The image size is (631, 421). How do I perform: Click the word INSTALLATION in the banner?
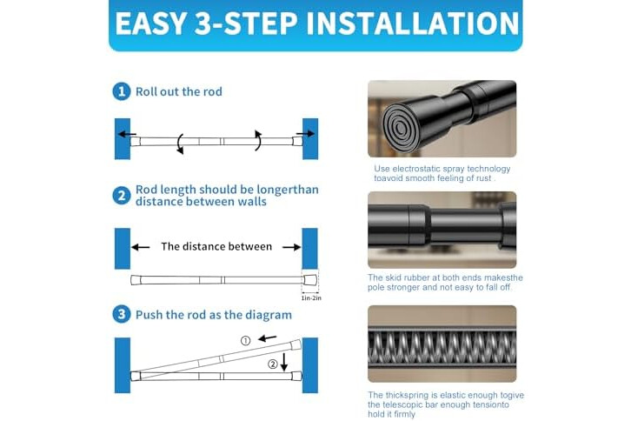tap(413, 23)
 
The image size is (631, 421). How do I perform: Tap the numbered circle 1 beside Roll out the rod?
tap(121, 91)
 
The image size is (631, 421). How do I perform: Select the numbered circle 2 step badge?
tap(121, 196)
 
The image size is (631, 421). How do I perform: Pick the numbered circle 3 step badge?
tap(121, 314)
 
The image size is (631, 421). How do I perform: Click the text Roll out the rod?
tap(179, 92)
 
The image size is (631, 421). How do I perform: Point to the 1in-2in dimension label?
tap(311, 298)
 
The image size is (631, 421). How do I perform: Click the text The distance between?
tap(216, 246)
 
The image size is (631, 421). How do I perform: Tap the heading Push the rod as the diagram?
tap(214, 315)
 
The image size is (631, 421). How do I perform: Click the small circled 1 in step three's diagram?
tap(245, 341)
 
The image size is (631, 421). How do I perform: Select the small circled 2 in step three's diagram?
tap(273, 364)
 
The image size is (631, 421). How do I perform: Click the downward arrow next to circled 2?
tap(284, 362)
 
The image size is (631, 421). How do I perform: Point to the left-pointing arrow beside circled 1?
tap(267, 338)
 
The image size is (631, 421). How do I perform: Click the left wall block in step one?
tap(123, 139)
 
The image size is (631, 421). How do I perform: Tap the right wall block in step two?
tap(310, 249)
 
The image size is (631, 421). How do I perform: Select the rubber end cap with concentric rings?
tap(401, 128)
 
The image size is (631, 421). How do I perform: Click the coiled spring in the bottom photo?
tap(442, 348)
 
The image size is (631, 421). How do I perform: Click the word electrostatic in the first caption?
tap(416, 169)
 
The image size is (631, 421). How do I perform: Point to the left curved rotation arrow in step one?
tap(180, 144)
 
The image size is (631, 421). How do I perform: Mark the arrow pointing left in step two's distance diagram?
tap(141, 247)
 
